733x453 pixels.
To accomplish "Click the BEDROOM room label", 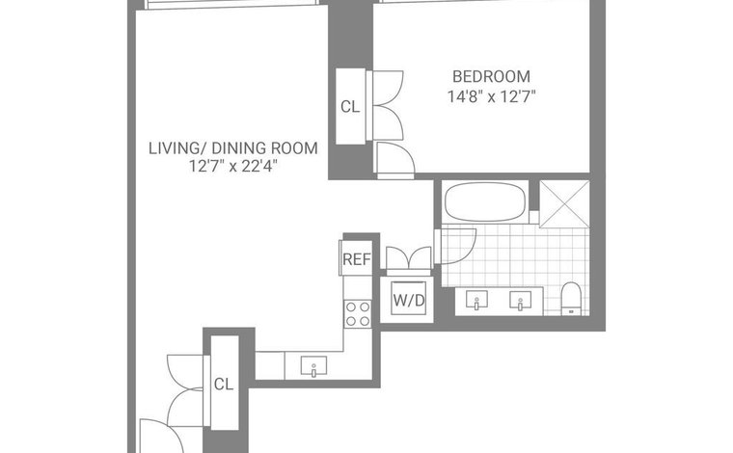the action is click(x=491, y=76).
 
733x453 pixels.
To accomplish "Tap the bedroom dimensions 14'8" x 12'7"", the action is click(x=491, y=96).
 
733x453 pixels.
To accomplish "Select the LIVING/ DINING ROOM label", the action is click(x=233, y=148).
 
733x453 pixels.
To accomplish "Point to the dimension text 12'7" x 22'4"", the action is click(x=233, y=166).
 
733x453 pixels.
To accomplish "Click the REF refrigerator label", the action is click(x=357, y=258).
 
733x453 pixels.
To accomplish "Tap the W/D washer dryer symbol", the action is click(x=409, y=300).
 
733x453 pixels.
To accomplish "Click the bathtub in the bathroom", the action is click(x=485, y=201).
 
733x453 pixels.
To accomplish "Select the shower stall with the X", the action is click(x=565, y=204).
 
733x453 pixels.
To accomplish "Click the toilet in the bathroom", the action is click(x=571, y=298).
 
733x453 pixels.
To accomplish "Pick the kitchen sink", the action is click(x=313, y=365).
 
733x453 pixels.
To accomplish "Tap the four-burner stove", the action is click(x=358, y=314).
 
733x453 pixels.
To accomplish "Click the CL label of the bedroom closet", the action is click(x=350, y=107).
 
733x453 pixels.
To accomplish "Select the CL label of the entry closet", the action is click(x=224, y=384).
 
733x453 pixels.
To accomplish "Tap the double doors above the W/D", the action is click(x=409, y=258).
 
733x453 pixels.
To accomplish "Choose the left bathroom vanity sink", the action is click(x=476, y=300).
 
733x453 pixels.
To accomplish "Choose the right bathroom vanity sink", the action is click(x=520, y=301).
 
